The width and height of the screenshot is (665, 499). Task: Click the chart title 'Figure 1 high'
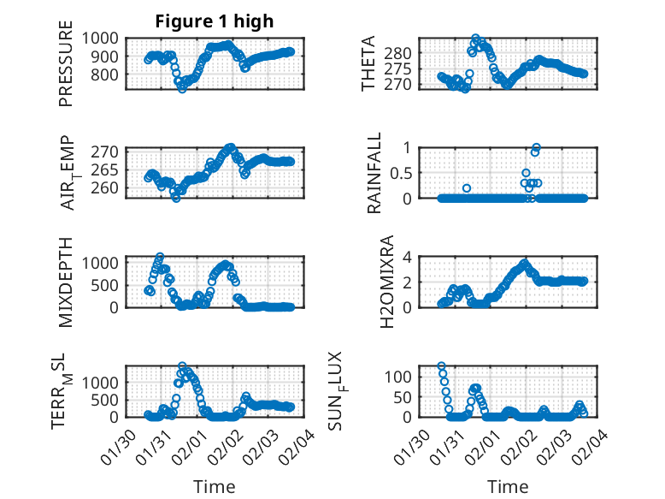pyautogui.click(x=215, y=22)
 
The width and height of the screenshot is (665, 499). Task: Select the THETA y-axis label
pyautogui.click(x=368, y=63)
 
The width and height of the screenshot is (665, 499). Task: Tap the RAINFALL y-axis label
pyautogui.click(x=374, y=174)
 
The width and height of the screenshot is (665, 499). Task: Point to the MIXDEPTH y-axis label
pyautogui.click(x=66, y=282)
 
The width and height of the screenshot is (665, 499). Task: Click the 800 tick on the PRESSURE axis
pyautogui.click(x=109, y=74)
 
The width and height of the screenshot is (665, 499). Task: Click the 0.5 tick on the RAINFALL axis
pyautogui.click(x=400, y=173)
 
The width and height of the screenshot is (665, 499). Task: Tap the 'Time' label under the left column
pyautogui.click(x=209, y=487)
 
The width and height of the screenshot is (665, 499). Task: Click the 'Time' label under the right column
pyautogui.click(x=508, y=487)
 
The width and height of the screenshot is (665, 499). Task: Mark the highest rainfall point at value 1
pyautogui.click(x=537, y=147)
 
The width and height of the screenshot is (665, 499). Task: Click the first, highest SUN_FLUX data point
pyautogui.click(x=441, y=366)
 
